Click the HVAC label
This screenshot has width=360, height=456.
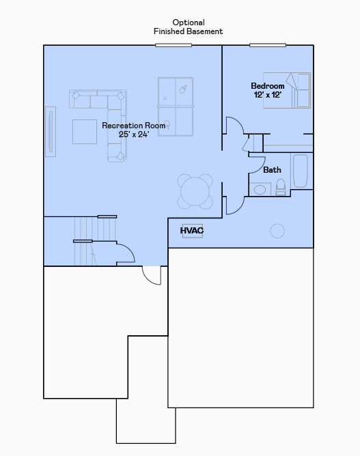coord(192,231)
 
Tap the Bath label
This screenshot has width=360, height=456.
coord(272,170)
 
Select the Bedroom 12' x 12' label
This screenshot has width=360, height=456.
coord(267,90)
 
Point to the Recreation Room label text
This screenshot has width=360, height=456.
coord(134,130)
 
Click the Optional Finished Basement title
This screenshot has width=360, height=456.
coord(188,27)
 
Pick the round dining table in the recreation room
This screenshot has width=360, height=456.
coord(195,191)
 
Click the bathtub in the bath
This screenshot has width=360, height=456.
coord(301,171)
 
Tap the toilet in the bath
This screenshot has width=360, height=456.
coord(281,188)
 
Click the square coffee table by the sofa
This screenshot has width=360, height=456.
coord(85,131)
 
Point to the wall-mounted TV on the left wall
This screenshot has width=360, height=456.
coord(50,130)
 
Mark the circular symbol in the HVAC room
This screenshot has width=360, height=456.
coord(277,231)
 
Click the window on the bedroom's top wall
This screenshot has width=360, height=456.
coord(268,45)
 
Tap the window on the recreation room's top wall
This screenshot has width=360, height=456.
coord(174,45)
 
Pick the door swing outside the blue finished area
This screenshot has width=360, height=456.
coord(152,274)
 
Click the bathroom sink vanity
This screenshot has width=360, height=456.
coord(260,189)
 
